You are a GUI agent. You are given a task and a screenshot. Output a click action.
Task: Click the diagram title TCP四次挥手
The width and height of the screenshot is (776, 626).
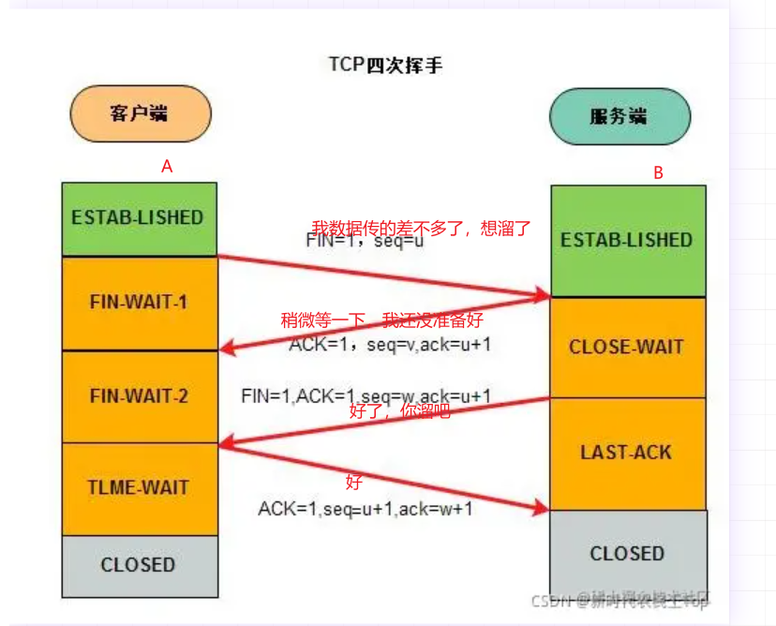coord(385,65)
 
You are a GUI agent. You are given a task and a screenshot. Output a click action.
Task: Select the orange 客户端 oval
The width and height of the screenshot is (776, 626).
coord(140,113)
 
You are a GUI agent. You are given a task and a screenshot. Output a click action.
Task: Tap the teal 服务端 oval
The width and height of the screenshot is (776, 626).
coord(619,116)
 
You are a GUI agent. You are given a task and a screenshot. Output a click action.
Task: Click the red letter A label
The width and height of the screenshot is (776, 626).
coord(167,166)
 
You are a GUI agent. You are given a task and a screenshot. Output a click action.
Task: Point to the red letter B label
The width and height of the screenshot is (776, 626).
coord(658,172)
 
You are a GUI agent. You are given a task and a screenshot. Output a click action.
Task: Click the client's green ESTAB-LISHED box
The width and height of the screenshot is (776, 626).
coord(138,218)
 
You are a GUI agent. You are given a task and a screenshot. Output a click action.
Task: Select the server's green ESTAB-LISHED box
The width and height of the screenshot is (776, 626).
coord(626,240)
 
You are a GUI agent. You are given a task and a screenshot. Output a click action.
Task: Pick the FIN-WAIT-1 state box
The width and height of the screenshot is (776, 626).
coord(139,303)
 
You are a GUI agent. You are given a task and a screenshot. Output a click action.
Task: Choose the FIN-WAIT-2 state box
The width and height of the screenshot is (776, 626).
coord(139,395)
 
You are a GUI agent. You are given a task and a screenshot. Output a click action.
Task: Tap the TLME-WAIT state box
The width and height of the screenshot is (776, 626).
coord(139,487)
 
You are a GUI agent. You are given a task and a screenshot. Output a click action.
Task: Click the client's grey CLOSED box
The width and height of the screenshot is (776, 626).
coord(138,565)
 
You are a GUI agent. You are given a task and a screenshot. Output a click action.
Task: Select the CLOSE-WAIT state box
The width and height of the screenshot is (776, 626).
coord(626,347)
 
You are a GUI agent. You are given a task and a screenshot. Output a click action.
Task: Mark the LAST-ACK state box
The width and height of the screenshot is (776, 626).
coord(626,453)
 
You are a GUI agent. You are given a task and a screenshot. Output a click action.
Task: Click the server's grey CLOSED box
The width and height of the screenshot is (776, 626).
coord(626,553)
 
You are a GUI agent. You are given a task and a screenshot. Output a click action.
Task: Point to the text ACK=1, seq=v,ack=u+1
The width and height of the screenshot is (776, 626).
coord(390,344)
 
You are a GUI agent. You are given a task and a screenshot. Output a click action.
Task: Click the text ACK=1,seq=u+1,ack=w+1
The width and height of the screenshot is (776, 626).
coord(366,509)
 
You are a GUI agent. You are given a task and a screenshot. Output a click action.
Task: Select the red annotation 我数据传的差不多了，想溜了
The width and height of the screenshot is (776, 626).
coord(422,228)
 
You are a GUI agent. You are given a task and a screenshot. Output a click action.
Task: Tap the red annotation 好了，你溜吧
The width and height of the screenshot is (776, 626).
coord(399,410)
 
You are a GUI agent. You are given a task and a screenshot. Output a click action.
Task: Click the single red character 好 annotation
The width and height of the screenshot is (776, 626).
coord(353,483)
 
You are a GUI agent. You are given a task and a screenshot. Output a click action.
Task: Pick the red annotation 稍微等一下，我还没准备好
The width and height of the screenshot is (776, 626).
coord(382,320)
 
